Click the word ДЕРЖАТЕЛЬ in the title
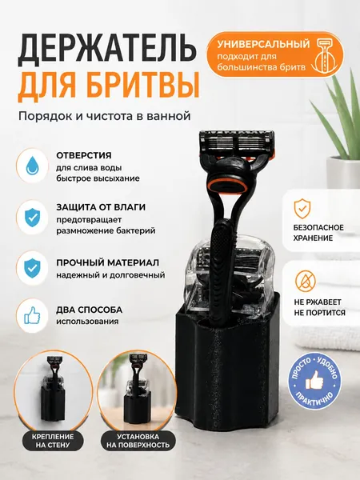[x=106, y=50]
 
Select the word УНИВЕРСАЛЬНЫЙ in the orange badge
[x=263, y=44]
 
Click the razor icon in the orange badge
[x=326, y=55]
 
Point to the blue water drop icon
[x=32, y=166]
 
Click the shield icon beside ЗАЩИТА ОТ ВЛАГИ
[x=32, y=218]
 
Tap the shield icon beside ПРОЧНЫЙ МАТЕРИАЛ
[x=32, y=267]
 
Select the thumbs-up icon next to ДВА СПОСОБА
[x=32, y=315]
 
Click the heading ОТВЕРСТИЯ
[x=84, y=155]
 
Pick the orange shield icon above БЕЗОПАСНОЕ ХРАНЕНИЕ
[x=302, y=209]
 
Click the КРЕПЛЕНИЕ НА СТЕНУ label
[x=53, y=441]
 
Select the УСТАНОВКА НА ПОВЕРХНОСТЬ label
[x=138, y=441]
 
